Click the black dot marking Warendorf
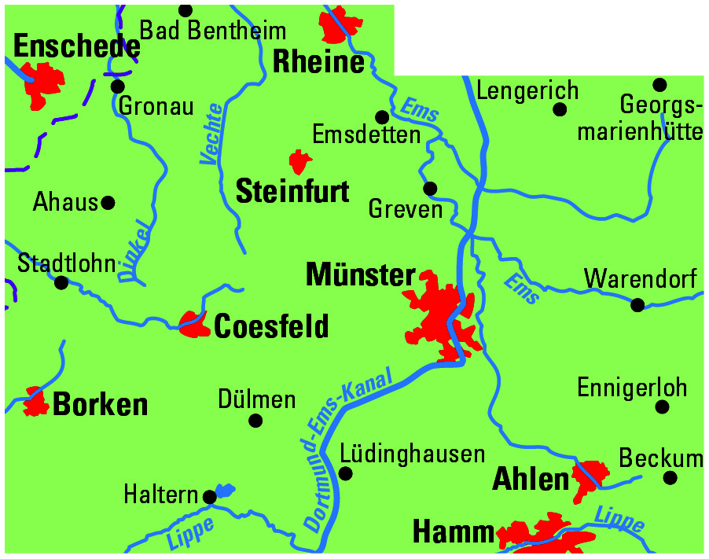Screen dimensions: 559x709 [x=637, y=304]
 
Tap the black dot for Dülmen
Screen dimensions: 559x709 [x=255, y=421]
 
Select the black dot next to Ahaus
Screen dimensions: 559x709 [x=108, y=203]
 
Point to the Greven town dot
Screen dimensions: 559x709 [x=430, y=189]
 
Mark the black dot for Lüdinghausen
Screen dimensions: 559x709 [x=345, y=473]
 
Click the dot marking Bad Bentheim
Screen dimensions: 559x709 [x=186, y=10]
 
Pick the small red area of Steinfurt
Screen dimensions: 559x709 [x=299, y=162]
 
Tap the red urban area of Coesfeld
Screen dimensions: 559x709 [x=192, y=323]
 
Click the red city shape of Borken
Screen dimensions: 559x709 [x=35, y=402]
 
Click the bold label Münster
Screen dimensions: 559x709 [x=360, y=275]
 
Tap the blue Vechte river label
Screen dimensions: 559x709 [x=211, y=134]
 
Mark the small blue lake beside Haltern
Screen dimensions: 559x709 [x=225, y=491]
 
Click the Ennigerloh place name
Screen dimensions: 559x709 [x=631, y=388]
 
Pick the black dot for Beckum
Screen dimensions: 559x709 [x=670, y=477]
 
